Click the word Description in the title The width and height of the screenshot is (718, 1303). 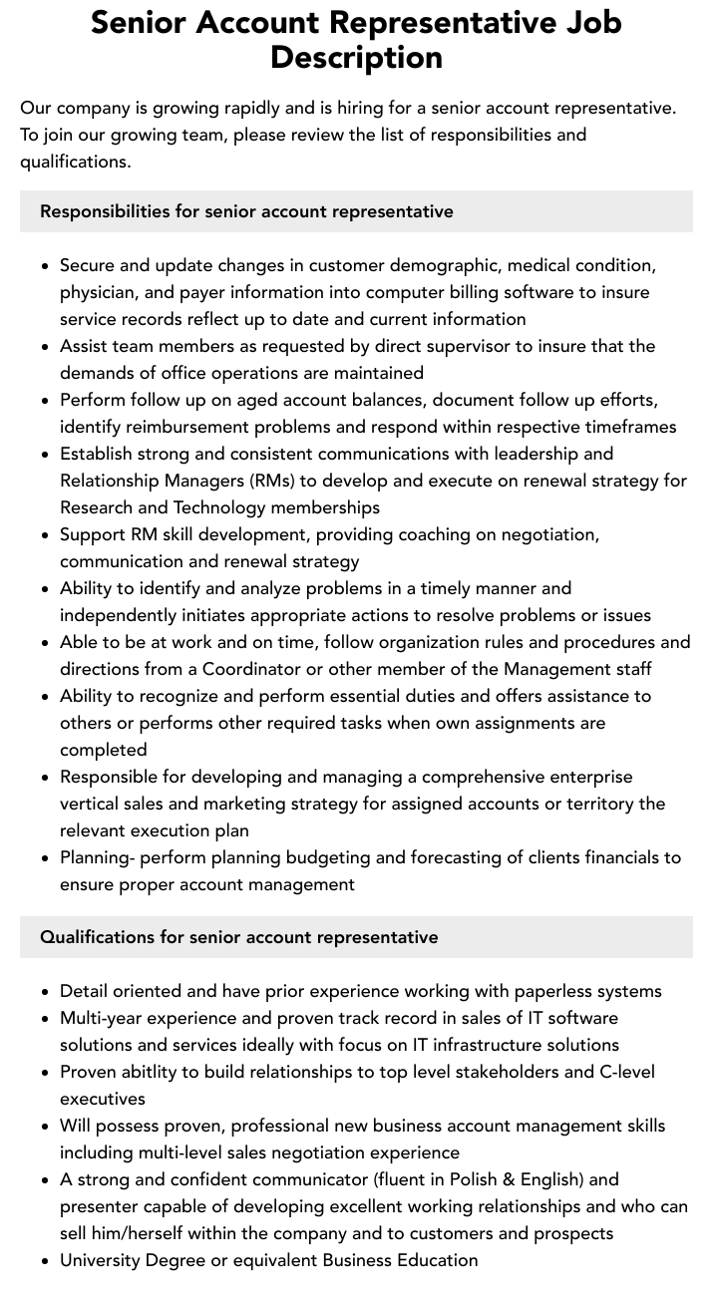tap(356, 57)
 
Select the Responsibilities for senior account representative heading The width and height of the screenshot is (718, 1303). tap(246, 211)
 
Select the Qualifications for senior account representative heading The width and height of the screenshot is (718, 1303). tap(238, 937)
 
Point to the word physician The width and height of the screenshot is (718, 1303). tap(100, 292)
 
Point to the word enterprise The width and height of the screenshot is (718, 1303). tap(578, 777)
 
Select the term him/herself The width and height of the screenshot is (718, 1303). tap(147, 1233)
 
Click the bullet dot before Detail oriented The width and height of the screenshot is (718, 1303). tap(46, 992)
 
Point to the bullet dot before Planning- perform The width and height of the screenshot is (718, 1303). tap(46, 858)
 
